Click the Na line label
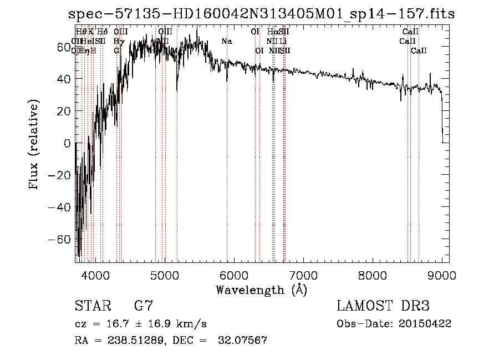click(226, 41)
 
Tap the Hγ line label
click(118, 41)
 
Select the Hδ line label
click(103, 32)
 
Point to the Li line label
click(283, 41)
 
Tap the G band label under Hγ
click(117, 50)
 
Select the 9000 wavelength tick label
click(441, 275)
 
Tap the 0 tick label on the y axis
click(67, 143)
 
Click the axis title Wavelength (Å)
click(261, 290)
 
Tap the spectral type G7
click(144, 306)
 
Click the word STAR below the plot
click(92, 306)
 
